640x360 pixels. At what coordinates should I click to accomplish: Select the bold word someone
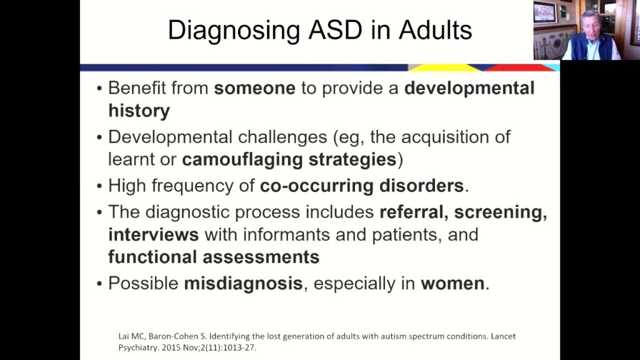tap(254, 88)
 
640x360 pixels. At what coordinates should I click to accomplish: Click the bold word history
tap(139, 111)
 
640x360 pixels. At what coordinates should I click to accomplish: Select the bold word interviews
tap(153, 236)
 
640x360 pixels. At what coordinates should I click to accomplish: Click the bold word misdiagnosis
tap(242, 283)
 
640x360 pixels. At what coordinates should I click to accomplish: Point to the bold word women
tap(452, 283)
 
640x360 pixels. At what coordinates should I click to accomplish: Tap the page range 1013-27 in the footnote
tap(244, 347)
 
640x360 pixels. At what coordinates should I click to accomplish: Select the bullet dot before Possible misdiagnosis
tap(99, 284)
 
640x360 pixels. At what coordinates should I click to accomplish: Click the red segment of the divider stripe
tap(519, 67)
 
